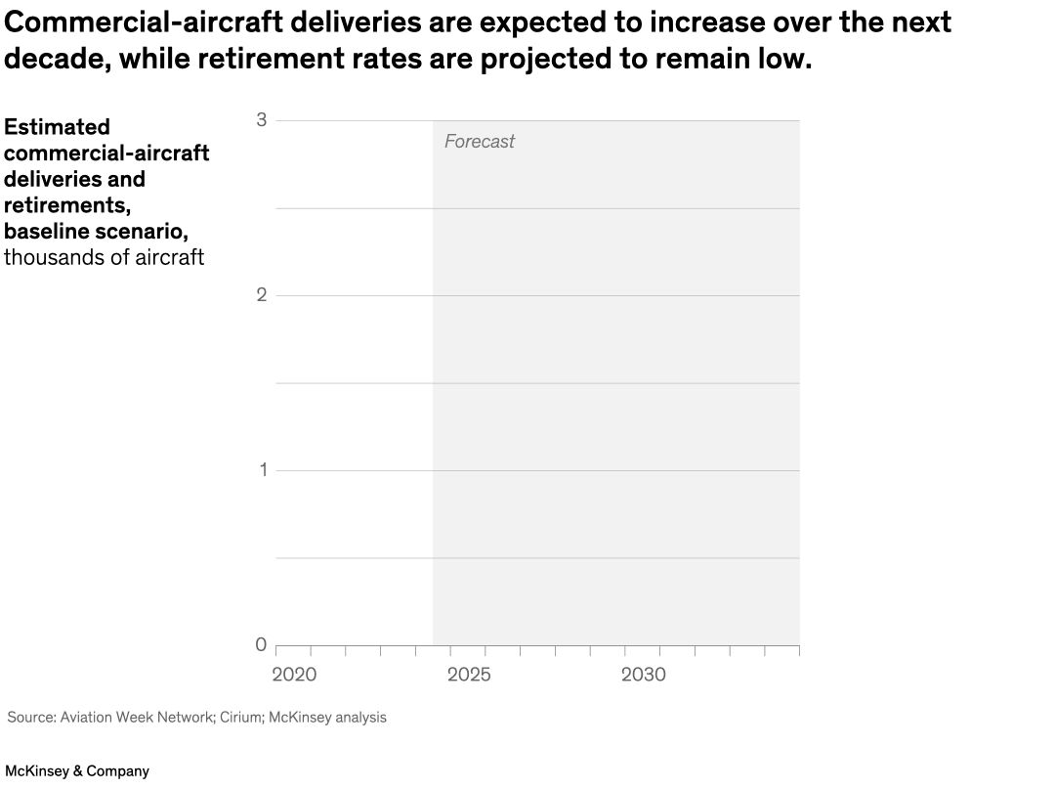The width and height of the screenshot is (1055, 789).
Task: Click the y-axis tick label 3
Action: point(261,120)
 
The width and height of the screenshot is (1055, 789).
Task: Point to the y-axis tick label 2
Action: point(261,295)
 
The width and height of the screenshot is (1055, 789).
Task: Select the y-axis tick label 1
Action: point(261,470)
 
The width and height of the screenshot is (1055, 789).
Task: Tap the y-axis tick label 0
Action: point(261,644)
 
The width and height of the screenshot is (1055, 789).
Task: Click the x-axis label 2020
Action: point(294,675)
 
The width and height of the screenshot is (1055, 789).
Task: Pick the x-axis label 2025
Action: point(469,675)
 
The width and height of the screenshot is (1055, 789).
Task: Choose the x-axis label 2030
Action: point(644,675)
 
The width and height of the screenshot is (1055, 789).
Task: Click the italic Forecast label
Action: point(479,142)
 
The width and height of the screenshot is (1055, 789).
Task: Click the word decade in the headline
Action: point(55,60)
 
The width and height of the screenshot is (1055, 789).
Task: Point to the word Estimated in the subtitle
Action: point(57,127)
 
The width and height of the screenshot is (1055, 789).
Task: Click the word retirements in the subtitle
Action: point(67,205)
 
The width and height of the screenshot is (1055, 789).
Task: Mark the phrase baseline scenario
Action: point(96,232)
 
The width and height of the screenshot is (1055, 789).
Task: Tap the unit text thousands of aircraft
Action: point(104,258)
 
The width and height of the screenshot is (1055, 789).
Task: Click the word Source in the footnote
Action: point(29,718)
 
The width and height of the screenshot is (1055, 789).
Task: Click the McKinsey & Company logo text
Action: point(77,771)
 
